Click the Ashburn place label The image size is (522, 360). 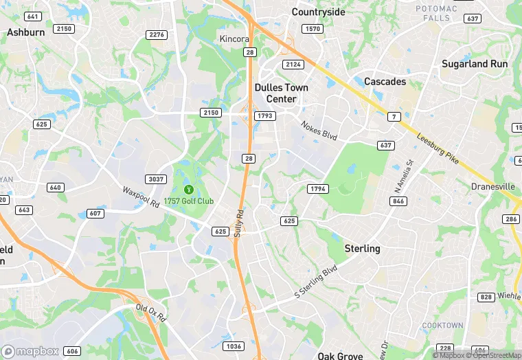pyautogui.click(x=25, y=32)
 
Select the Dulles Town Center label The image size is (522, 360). pyautogui.click(x=282, y=93)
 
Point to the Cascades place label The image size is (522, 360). pyautogui.click(x=385, y=81)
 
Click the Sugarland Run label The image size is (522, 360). pyautogui.click(x=474, y=63)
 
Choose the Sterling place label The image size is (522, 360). pyautogui.click(x=362, y=248)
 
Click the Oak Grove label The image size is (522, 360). pyautogui.click(x=340, y=355)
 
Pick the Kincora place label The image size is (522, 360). pyautogui.click(x=234, y=38)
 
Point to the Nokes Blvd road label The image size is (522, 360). pyautogui.click(x=319, y=130)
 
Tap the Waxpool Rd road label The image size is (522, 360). pyautogui.click(x=141, y=197)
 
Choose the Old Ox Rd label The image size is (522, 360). pyautogui.click(x=151, y=313)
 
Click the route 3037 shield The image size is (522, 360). pyautogui.click(x=156, y=179)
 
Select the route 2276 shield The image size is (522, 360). pyautogui.click(x=157, y=34)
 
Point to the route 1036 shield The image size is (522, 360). pyautogui.click(x=233, y=346)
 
